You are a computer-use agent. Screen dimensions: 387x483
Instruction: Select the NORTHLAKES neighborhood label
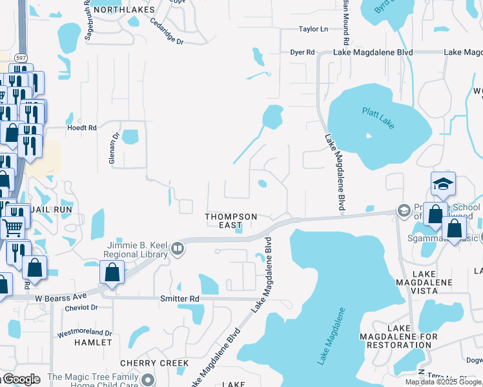point(125,10)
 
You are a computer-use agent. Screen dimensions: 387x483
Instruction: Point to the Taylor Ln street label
point(313,29)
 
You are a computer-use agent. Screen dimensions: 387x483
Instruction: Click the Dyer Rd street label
point(302,52)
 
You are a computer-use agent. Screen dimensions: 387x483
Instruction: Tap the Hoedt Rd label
point(82,128)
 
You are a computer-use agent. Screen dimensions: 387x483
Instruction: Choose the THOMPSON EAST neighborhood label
point(231,221)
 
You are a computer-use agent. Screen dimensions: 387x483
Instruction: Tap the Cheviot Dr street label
point(81,308)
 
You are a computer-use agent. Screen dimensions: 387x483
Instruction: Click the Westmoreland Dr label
point(85,333)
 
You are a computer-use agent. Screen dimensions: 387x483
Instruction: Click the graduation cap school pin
point(444,184)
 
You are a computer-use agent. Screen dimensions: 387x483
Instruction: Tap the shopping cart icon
point(13,226)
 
